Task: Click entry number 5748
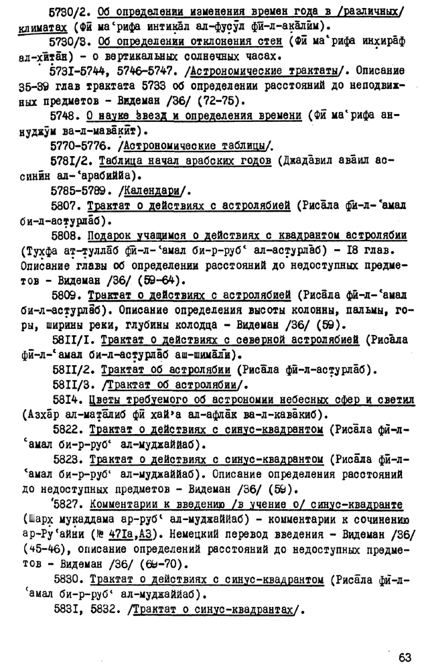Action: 66,115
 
